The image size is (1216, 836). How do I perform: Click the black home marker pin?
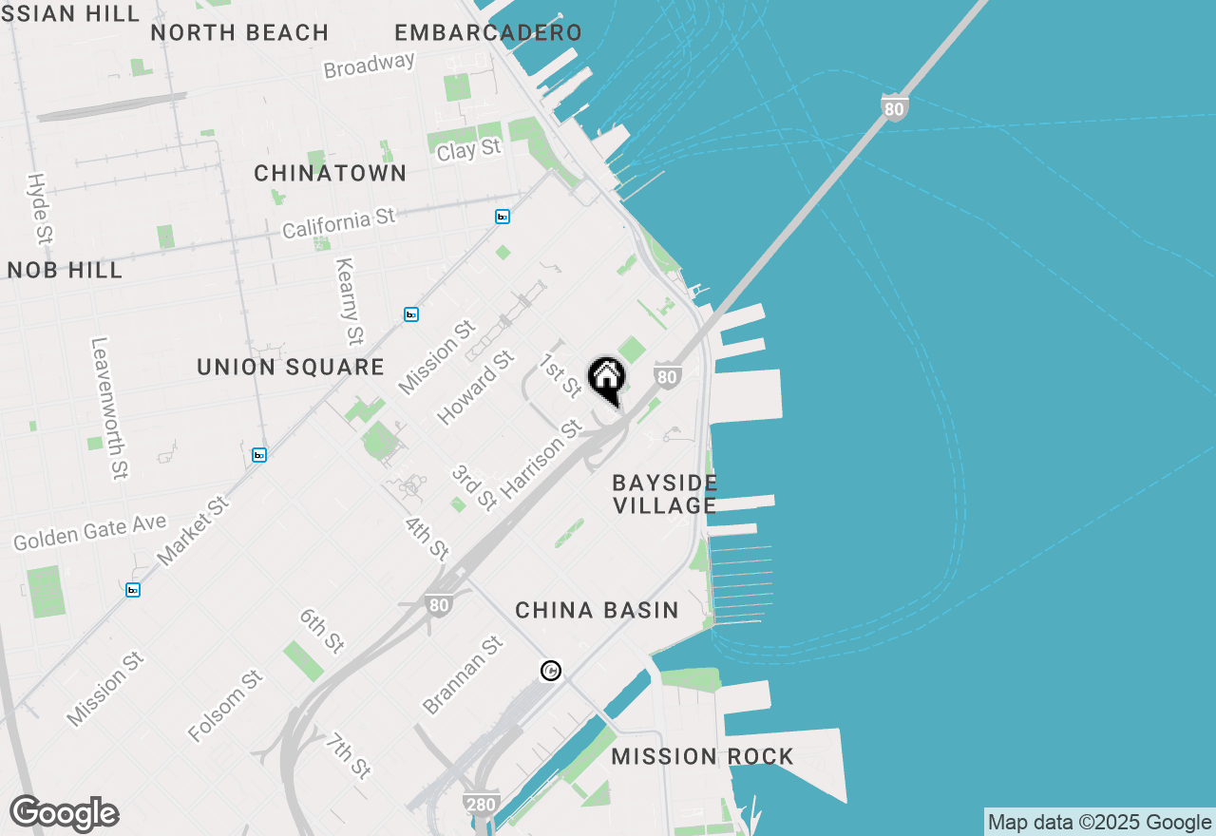tap(606, 378)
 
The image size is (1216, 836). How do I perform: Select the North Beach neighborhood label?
tap(239, 32)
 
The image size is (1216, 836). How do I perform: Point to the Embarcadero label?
tap(488, 32)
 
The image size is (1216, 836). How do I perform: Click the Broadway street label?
tap(370, 66)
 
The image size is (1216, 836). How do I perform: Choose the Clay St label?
tap(468, 149)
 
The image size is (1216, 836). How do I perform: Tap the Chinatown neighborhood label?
tap(331, 174)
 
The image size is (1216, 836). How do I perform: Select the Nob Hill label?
tap(66, 271)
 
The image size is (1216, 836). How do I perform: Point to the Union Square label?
tap(291, 368)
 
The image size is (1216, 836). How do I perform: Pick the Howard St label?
tap(475, 388)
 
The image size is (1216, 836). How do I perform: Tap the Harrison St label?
tap(541, 459)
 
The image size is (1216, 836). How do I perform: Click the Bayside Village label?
tap(665, 494)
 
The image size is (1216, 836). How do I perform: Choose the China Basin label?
tap(597, 611)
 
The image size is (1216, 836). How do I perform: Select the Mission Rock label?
tap(702, 757)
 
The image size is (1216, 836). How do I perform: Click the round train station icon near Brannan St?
tap(550, 672)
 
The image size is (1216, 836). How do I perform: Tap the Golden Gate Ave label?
tap(90, 532)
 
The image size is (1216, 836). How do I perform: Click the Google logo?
tap(65, 813)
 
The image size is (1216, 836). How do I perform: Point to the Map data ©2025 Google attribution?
tap(1099, 823)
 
